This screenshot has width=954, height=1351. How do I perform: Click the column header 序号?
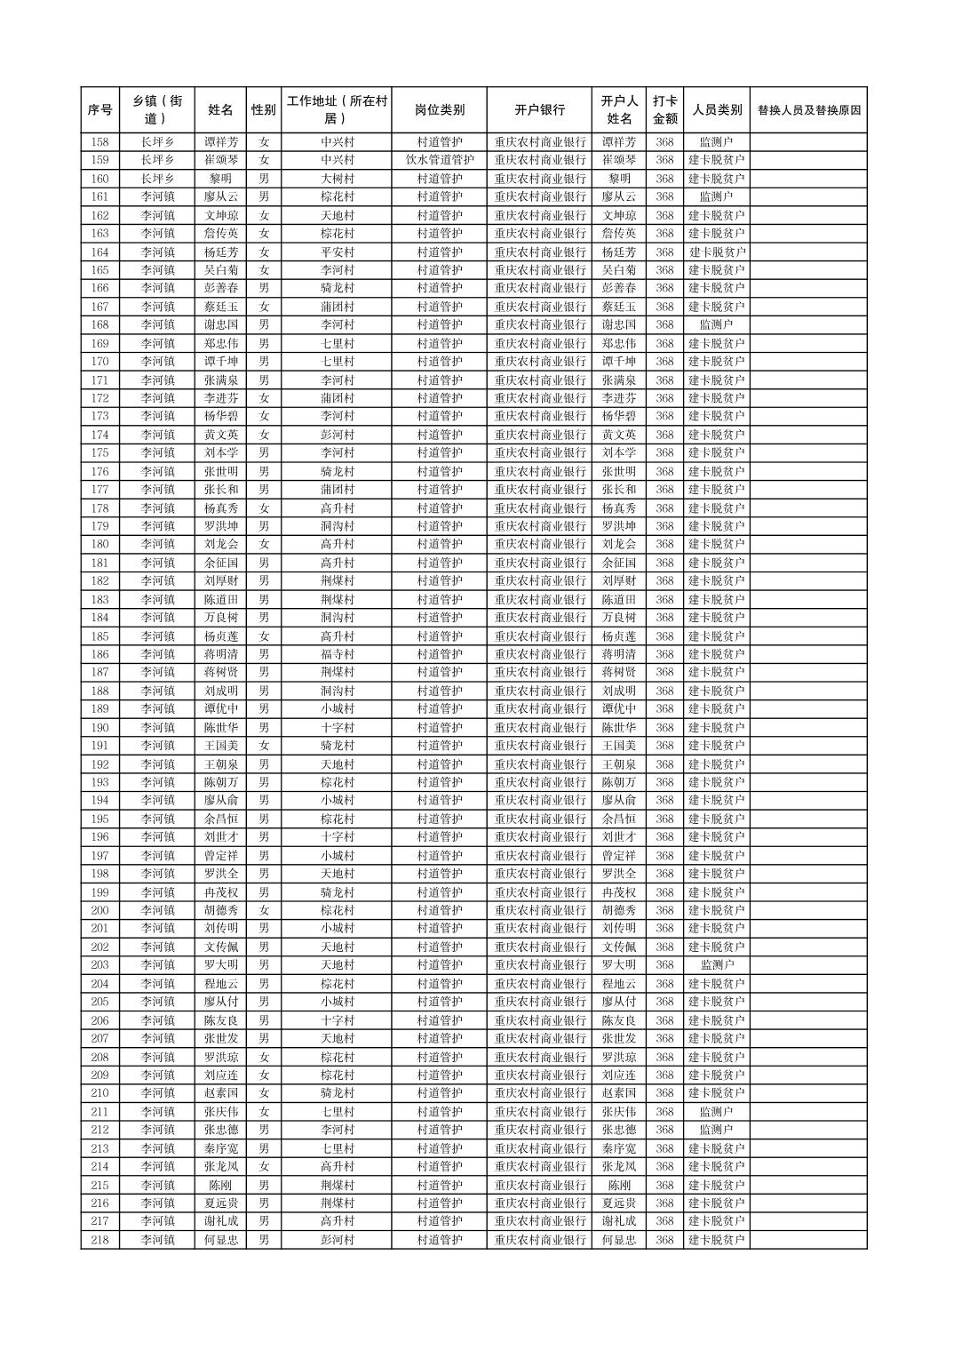[100, 110]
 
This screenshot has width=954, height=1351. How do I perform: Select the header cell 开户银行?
[539, 110]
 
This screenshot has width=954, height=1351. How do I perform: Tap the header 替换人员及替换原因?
[807, 110]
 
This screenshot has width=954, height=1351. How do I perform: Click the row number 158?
[100, 142]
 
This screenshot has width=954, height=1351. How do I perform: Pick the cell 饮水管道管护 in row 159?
[439, 160]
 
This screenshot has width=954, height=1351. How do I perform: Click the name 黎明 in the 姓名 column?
[220, 179]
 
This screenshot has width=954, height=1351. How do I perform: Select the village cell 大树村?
[337, 179]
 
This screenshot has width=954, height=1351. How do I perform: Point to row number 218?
[100, 1240]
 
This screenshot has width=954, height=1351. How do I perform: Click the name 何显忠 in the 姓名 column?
[220, 1240]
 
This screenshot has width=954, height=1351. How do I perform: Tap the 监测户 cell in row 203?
[716, 965]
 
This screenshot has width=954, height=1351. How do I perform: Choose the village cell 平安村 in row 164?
[337, 252]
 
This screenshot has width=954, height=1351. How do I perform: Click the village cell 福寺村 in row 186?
[337, 654]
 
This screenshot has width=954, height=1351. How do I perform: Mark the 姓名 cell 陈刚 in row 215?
[220, 1185]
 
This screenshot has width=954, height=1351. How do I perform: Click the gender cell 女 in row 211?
[264, 1112]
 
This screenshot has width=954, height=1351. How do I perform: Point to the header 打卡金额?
[664, 110]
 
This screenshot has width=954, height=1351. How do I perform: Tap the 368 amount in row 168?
[664, 325]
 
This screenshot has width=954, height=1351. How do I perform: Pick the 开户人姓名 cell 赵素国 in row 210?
[619, 1093]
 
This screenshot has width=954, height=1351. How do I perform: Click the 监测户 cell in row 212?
[716, 1130]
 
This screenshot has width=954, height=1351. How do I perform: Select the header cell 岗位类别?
[439, 110]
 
